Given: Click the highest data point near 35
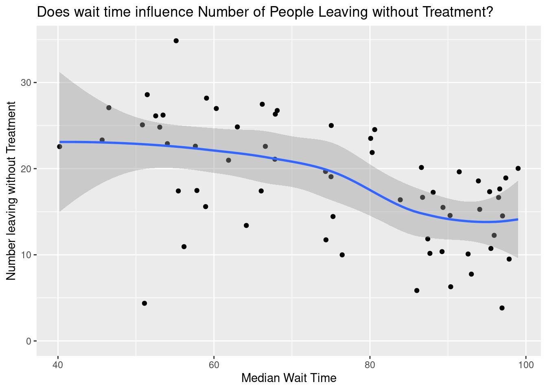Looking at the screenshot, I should (176, 41).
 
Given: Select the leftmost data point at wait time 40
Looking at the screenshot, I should (59, 147).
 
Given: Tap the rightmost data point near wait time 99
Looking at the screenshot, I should (518, 169).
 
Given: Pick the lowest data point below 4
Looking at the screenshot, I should (502, 308).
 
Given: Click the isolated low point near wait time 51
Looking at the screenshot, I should (144, 303).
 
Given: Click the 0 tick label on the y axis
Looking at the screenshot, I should (29, 341).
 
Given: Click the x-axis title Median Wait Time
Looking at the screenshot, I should (289, 378).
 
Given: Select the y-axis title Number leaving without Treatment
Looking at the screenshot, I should (11, 191).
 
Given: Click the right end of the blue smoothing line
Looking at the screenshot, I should (518, 219).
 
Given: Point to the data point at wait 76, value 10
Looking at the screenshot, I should (342, 255).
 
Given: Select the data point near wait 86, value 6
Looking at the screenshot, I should (416, 290).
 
